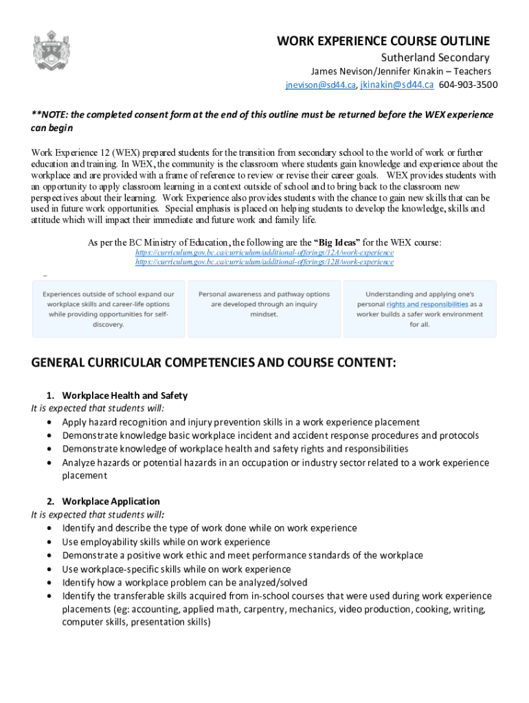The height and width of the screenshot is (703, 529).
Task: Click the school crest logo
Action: [x=52, y=54]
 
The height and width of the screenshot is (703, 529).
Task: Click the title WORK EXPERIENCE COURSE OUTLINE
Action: [x=383, y=41]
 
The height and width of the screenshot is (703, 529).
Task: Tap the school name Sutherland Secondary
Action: [x=436, y=58]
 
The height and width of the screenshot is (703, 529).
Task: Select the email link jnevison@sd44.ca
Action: [x=320, y=85]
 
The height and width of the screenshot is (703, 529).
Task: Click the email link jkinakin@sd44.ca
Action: [x=397, y=85]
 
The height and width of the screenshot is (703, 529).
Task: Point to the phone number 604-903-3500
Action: [x=469, y=85]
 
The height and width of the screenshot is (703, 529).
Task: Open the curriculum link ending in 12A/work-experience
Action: [x=264, y=253]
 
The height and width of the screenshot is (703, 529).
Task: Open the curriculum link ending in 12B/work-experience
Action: [x=264, y=262]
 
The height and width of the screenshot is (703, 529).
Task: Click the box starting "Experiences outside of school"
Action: [x=109, y=309]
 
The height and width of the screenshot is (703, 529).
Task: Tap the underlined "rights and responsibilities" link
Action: [x=427, y=303]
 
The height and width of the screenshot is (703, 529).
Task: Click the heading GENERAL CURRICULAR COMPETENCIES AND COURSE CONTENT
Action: [x=214, y=362]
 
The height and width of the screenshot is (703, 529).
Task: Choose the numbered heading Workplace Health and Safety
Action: [x=124, y=395]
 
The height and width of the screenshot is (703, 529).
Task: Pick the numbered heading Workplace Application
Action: [x=111, y=501]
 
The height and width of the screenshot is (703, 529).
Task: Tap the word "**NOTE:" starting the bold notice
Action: [x=49, y=115]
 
